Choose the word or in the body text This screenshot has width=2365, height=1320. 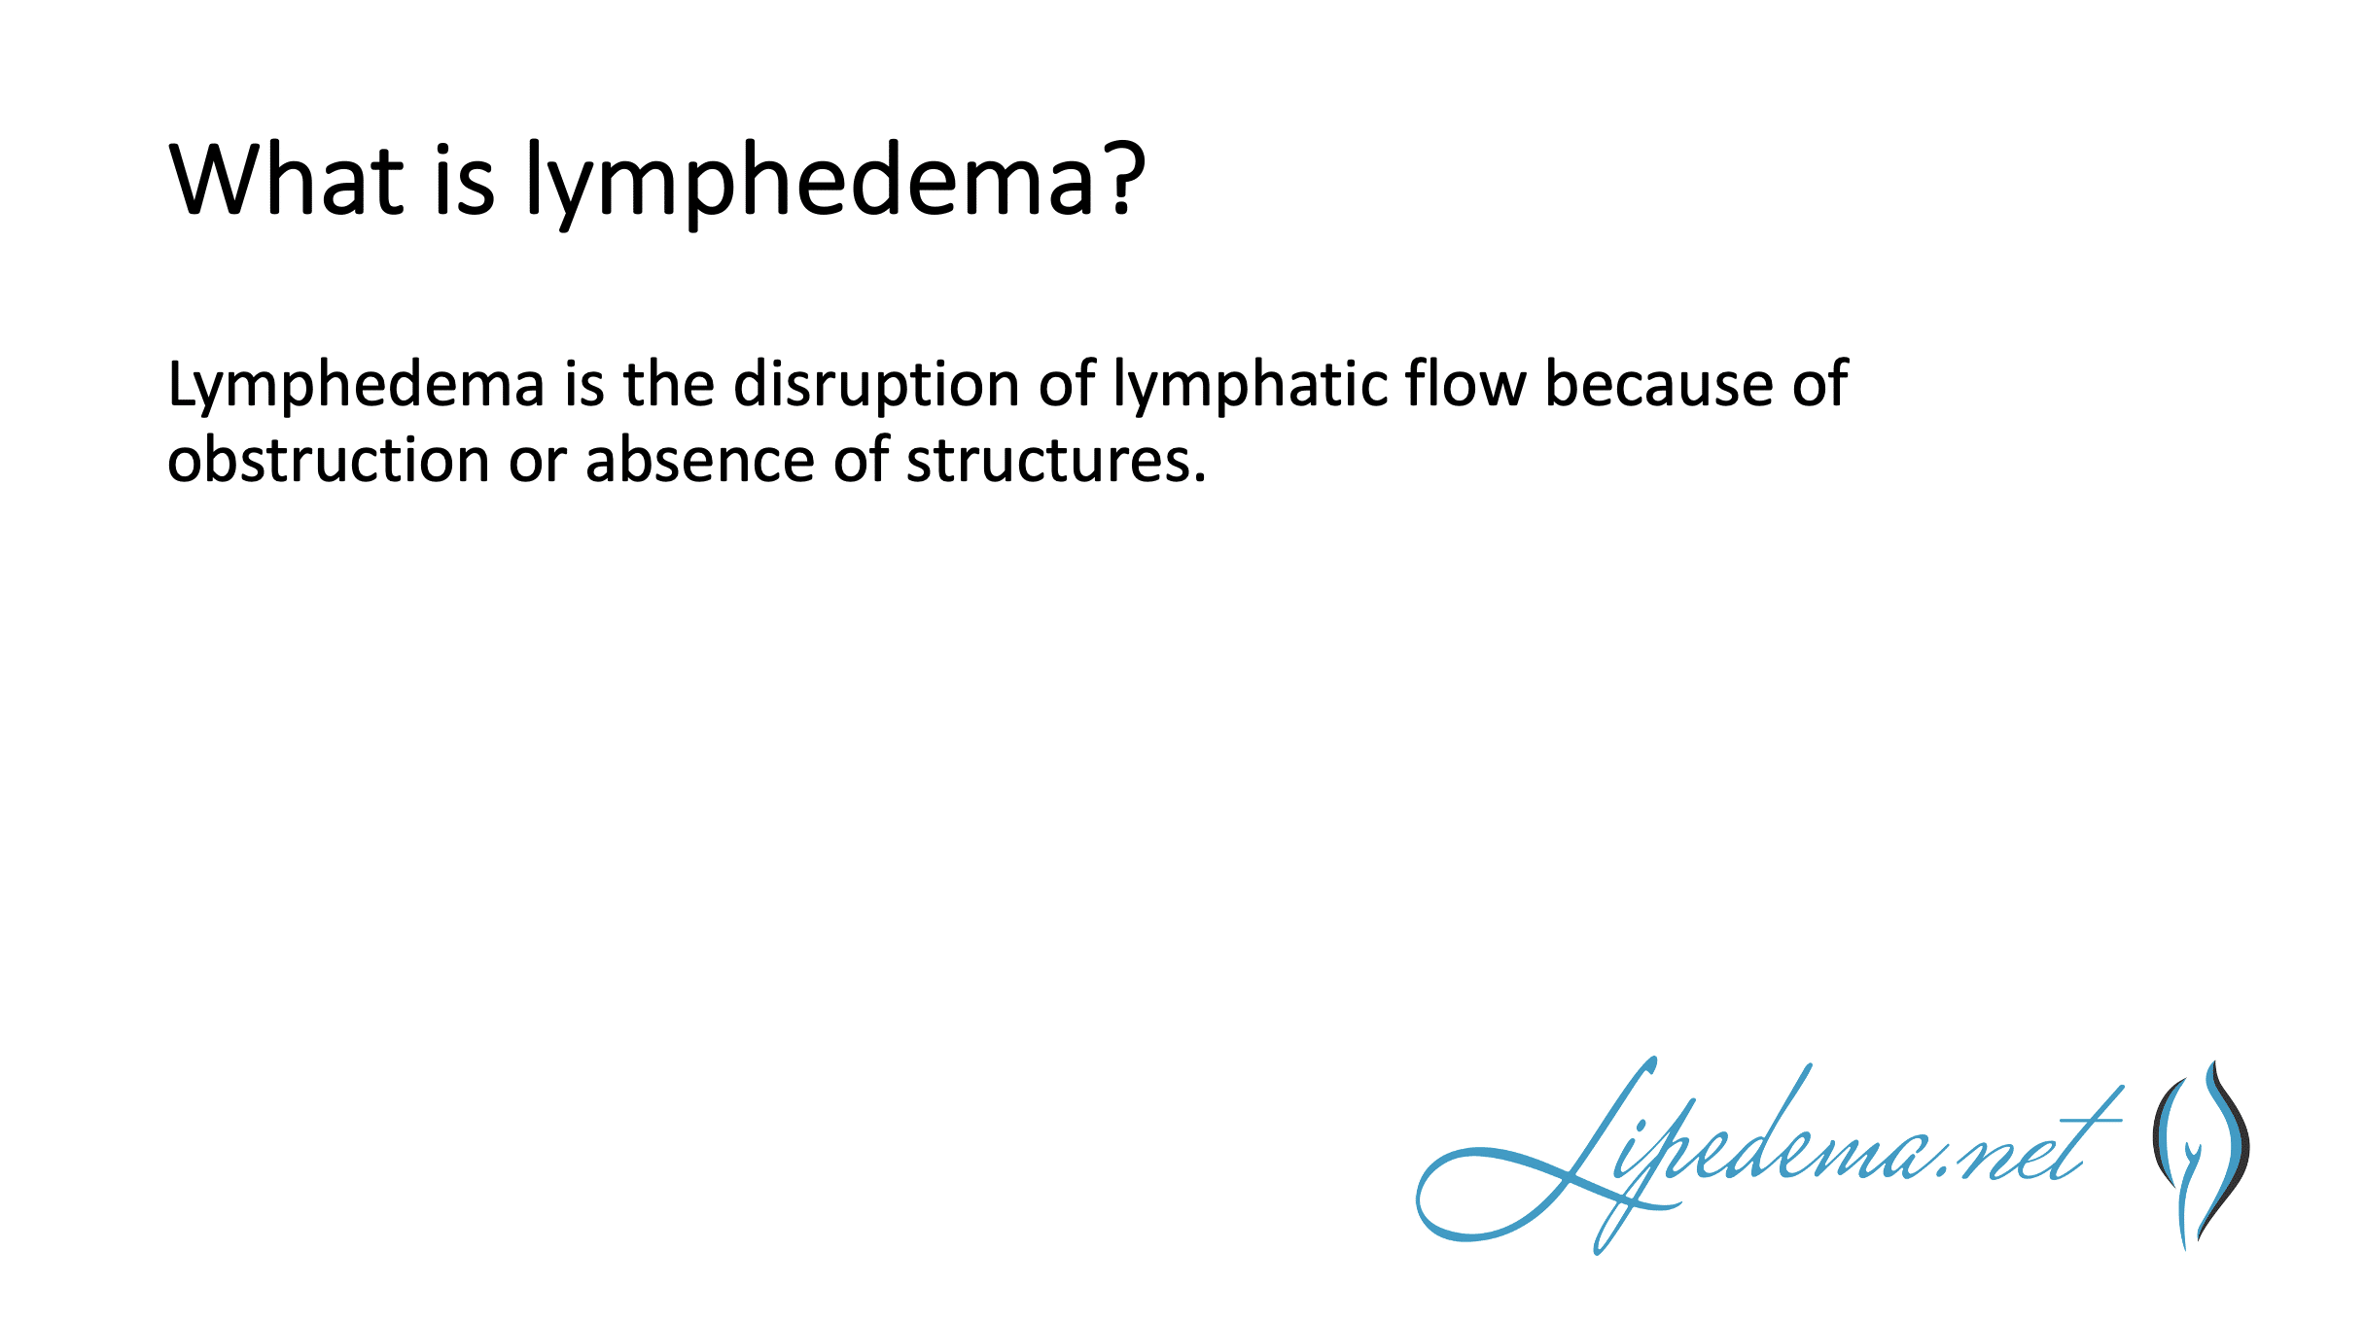click(x=538, y=463)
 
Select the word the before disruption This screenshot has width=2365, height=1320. click(x=669, y=382)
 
